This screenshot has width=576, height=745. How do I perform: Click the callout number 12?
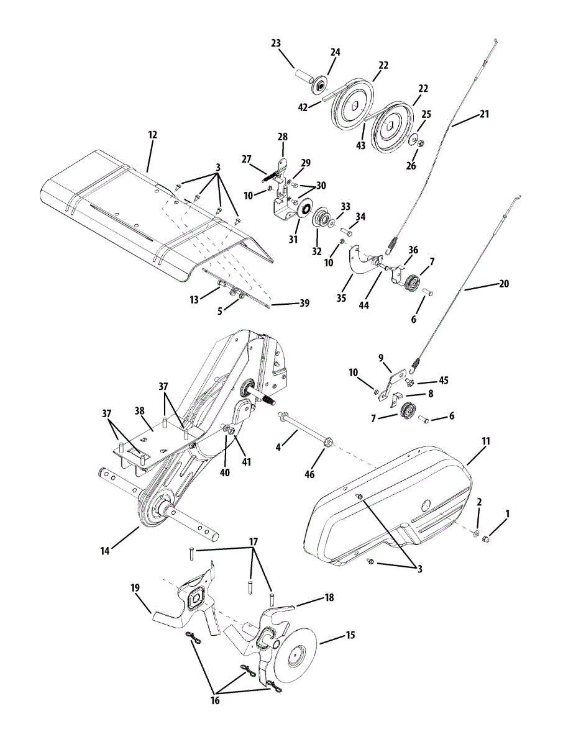coord(152,134)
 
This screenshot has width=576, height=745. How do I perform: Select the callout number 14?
coord(106,551)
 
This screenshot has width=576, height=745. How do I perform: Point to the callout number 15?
coord(350,635)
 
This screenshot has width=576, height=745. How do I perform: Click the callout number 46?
coord(309,474)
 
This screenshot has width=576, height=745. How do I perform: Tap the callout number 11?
coord(486,441)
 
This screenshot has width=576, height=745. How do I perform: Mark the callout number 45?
coord(443,380)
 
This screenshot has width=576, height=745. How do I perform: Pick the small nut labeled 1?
coord(486,538)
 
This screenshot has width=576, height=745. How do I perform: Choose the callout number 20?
coord(503,284)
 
